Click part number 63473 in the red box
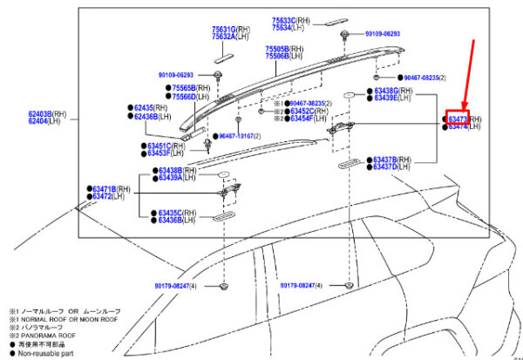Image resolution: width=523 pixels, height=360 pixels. [458, 119]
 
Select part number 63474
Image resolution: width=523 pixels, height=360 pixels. [458, 127]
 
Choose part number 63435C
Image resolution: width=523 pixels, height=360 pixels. [169, 213]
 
